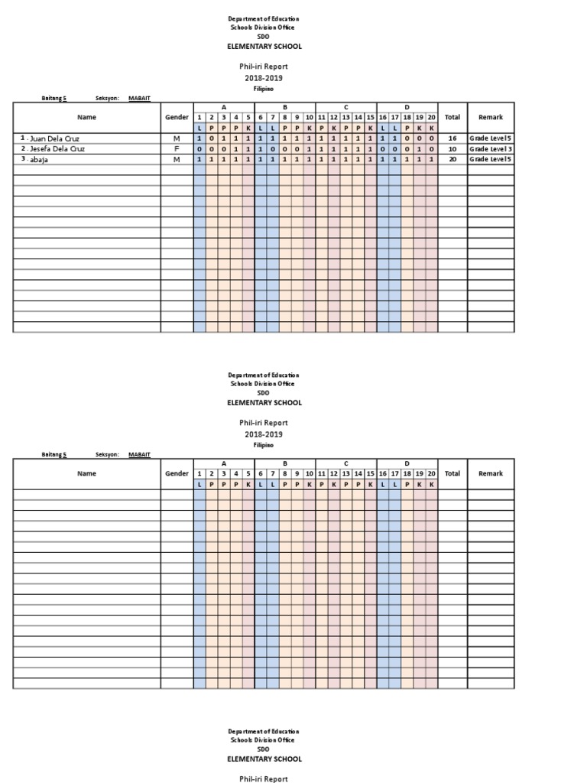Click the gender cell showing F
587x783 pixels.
[177, 149]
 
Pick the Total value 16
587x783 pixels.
[452, 138]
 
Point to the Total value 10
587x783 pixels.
[452, 149]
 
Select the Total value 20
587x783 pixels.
[452, 160]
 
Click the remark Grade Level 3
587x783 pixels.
[491, 149]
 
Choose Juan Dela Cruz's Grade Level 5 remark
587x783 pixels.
[491, 138]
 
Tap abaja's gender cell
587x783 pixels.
[177, 160]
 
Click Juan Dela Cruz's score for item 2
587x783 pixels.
[212, 138]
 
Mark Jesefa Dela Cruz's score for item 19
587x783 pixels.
[420, 149]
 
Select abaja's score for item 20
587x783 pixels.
[432, 160]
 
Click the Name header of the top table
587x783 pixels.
[86, 118]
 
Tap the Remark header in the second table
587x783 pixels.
[491, 474]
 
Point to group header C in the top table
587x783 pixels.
[345, 108]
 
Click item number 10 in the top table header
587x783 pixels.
[309, 118]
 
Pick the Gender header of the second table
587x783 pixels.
[177, 474]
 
